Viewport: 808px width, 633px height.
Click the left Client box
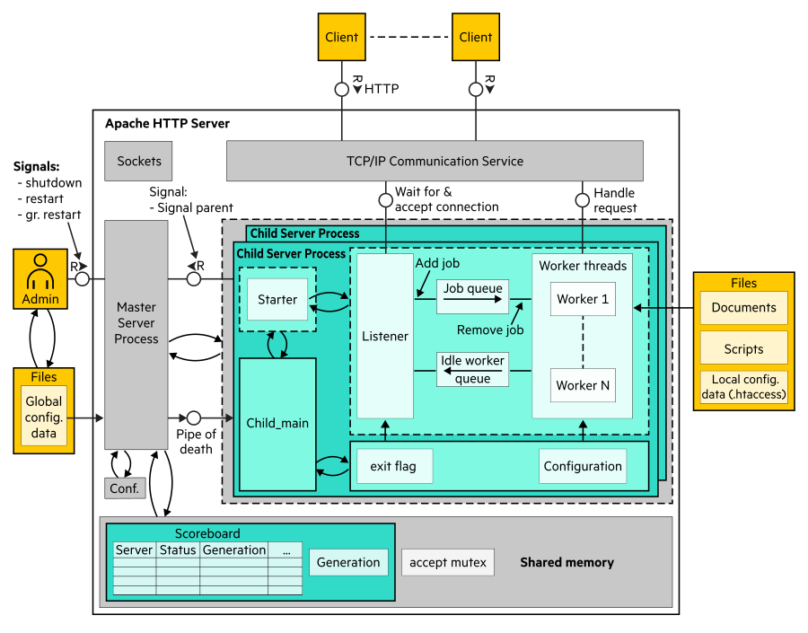[x=341, y=38]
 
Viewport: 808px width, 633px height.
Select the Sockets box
[x=139, y=162]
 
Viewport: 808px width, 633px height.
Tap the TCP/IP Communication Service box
[x=435, y=162]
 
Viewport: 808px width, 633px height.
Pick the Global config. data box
[x=44, y=418]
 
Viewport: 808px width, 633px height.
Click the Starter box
[x=277, y=300]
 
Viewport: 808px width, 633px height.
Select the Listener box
[x=385, y=336]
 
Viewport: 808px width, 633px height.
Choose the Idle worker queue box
[x=473, y=370]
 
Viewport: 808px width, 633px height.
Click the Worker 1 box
[x=583, y=300]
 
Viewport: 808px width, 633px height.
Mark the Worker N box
[x=583, y=385]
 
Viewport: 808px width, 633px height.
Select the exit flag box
[x=394, y=466]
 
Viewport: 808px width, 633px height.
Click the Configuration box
[x=583, y=466]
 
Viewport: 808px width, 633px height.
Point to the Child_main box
[x=277, y=422]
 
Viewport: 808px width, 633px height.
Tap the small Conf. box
[x=123, y=488]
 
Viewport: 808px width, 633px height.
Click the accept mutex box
[x=447, y=563]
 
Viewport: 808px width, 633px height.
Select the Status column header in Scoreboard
[x=178, y=549]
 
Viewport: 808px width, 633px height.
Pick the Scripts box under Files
[x=743, y=348]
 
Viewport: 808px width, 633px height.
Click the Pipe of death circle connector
[x=193, y=418]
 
